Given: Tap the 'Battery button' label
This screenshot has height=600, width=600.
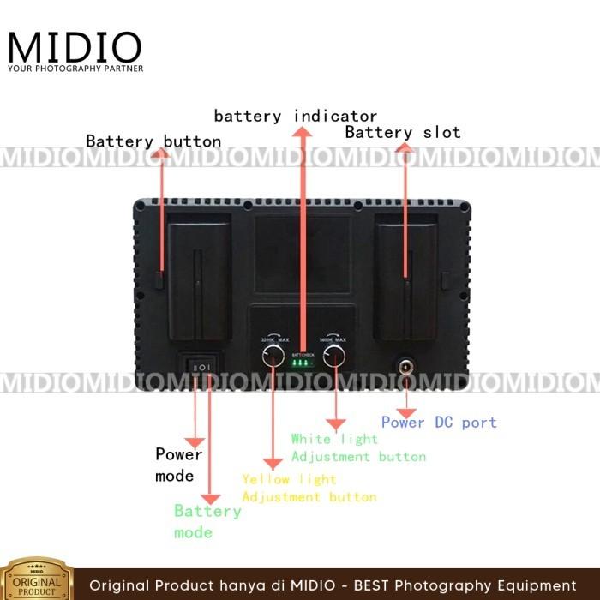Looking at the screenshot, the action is point(153,141).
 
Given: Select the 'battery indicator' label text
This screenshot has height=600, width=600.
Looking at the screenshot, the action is point(296,115).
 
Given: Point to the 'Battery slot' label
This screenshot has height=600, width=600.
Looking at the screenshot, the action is point(403,132).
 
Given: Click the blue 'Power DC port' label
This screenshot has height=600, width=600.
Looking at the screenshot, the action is point(439,422).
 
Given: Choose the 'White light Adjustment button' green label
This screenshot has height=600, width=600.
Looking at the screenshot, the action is point(358,447).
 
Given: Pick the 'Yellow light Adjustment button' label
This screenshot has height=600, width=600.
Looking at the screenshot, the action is point(309,488).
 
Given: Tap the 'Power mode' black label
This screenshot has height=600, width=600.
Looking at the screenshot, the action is point(178,465).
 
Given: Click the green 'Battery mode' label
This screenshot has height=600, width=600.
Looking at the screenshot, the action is point(207,521).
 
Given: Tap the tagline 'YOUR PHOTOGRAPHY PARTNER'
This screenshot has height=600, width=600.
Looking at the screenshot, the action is point(75,68).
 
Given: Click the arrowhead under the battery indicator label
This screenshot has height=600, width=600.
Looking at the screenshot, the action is point(302,130).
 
